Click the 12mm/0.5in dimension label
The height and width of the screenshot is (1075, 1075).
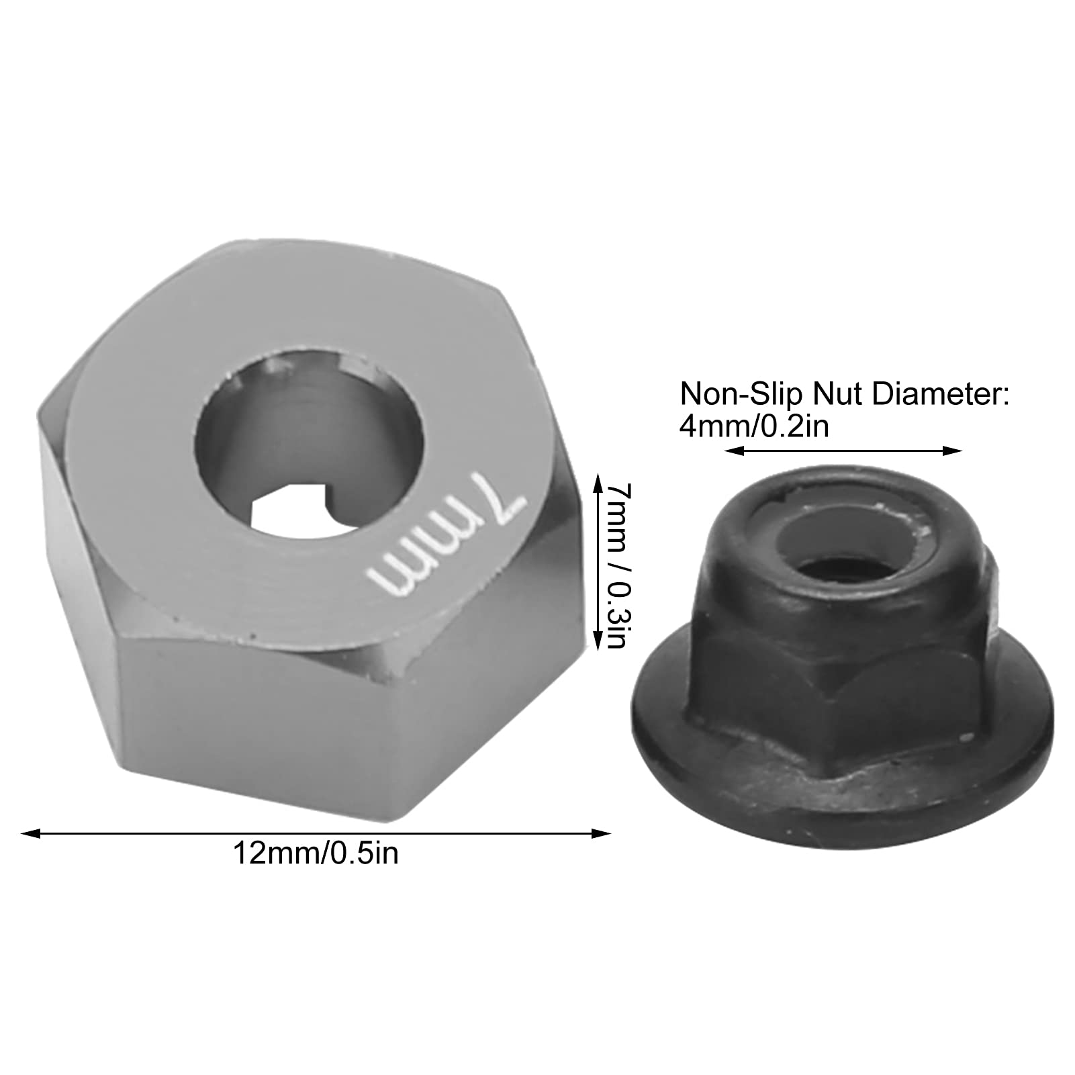316,853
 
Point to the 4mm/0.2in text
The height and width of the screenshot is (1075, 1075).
754,427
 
